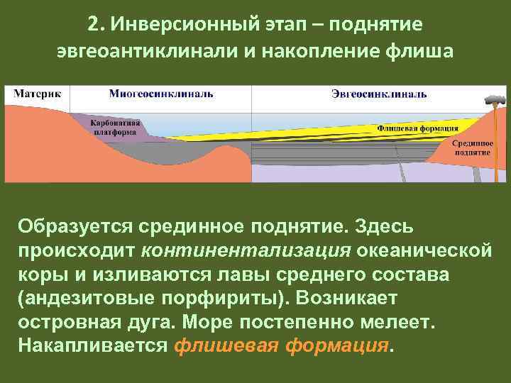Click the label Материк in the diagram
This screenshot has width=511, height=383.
tap(37, 94)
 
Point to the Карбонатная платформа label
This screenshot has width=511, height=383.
tap(114, 126)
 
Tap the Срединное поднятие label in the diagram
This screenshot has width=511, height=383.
tap(473, 147)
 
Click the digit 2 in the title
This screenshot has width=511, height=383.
tap(93, 25)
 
